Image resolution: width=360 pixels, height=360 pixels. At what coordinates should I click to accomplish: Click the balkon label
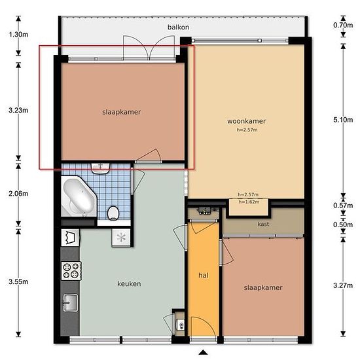178,27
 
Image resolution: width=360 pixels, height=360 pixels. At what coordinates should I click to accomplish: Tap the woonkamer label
246,121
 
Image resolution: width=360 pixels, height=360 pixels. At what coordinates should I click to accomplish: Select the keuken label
129,284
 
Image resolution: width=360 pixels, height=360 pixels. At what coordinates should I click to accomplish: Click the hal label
204,276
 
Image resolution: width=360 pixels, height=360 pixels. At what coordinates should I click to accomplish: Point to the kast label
263,224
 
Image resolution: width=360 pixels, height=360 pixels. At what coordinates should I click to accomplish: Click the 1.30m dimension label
18,35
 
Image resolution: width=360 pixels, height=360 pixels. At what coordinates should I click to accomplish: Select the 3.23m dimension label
18,111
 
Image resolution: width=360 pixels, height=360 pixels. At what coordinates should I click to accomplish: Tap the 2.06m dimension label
18,194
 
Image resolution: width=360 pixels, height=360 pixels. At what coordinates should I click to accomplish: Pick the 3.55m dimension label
18,281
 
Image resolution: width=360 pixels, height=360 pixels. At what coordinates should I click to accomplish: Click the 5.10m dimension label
343,120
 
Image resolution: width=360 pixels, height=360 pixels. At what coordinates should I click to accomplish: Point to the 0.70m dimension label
343,25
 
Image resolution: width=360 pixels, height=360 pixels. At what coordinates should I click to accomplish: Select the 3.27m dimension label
343,285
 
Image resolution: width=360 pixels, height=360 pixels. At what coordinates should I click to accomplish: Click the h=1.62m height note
249,202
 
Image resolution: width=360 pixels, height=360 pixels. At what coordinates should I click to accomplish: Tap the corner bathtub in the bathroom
79,196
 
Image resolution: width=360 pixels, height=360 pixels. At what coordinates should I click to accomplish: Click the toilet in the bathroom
113,213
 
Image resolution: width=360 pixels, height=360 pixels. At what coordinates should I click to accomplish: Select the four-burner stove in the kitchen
71,271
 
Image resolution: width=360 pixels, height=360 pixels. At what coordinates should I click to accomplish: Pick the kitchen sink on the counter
70,302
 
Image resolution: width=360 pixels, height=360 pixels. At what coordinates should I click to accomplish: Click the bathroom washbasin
100,168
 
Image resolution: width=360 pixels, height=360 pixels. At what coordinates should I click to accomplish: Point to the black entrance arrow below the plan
203,352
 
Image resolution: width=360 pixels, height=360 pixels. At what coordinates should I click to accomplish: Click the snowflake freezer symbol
121,238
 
